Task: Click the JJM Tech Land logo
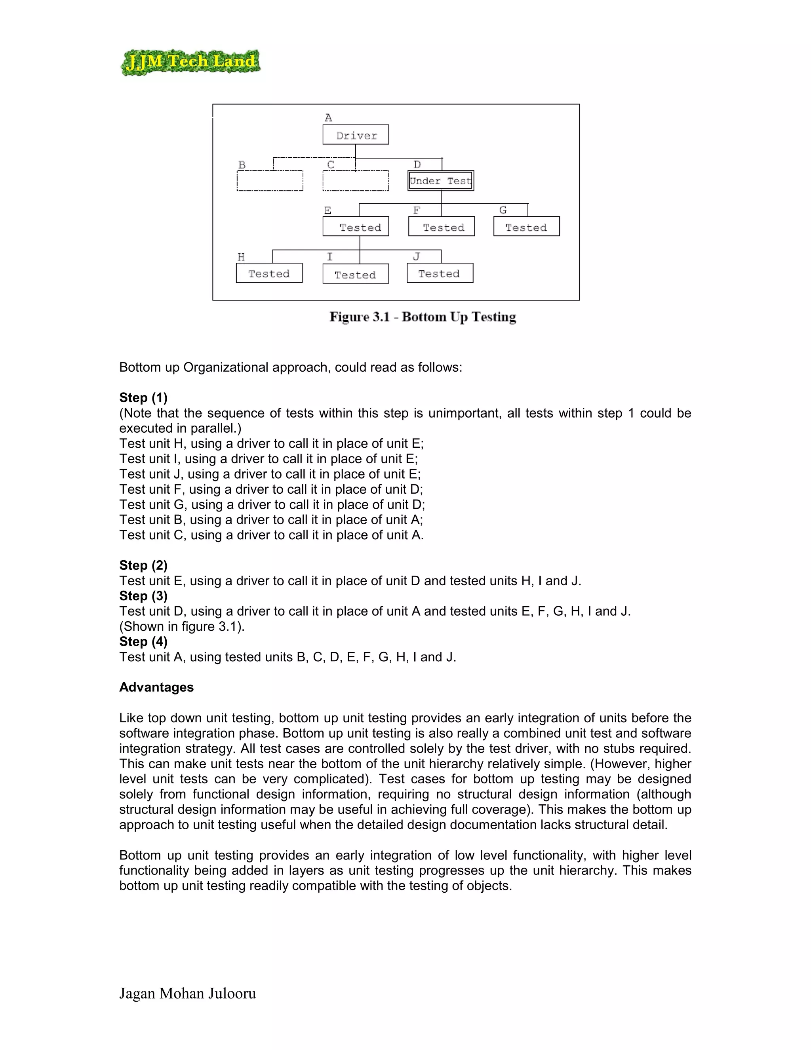[190, 62]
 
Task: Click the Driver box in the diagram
[356, 135]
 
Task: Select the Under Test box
[441, 181]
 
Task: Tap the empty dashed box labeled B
[270, 181]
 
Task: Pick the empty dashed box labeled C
[356, 181]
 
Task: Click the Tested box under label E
[356, 226]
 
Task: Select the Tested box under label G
[527, 226]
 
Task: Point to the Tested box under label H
[269, 273]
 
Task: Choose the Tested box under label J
[440, 273]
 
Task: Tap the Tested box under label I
[356, 274]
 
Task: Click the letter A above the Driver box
[328, 117]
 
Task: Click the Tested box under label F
[442, 226]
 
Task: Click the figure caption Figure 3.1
[422, 317]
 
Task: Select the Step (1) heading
[143, 397]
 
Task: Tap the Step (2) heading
[143, 565]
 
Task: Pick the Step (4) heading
[143, 641]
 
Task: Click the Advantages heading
[156, 687]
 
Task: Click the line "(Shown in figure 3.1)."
[182, 626]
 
